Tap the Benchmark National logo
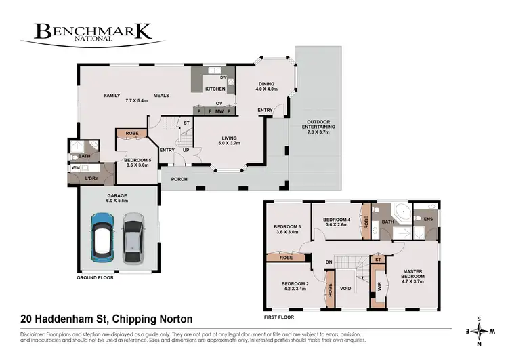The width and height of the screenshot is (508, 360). coord(92,33)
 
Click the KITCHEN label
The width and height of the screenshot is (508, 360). coord(215,89)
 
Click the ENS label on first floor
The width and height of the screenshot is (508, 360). coord(428,219)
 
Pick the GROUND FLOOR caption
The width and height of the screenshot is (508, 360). coord(96,277)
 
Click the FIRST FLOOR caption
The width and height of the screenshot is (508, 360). coord(279,316)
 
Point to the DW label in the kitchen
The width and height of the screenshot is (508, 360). coord(223,78)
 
